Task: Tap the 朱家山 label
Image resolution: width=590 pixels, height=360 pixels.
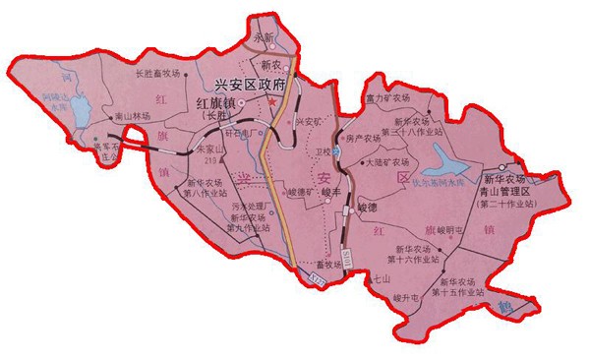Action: pos(211,150)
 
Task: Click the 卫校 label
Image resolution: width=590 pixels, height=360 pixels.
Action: pos(325,153)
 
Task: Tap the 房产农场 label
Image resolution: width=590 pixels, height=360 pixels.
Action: pos(362,140)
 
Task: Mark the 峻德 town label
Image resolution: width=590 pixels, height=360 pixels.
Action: pos(366,209)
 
